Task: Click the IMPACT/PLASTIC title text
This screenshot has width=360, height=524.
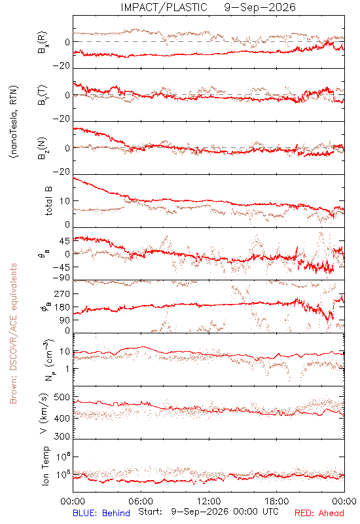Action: pos(164,7)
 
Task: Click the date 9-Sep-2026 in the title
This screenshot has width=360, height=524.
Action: pos(260,7)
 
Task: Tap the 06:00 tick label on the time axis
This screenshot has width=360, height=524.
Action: pos(141,502)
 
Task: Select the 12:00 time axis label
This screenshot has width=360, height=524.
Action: pos(209,502)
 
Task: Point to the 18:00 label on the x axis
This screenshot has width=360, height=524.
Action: pos(277,502)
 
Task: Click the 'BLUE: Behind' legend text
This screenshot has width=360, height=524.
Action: pos(101,513)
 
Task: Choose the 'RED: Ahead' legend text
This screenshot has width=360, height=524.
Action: pos(319,513)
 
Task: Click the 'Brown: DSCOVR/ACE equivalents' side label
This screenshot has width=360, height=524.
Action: pos(13,333)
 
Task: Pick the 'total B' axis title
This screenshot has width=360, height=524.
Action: pos(48,201)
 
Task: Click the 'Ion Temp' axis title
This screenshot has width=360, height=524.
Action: pos(46,466)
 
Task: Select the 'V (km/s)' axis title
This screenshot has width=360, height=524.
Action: pos(44,413)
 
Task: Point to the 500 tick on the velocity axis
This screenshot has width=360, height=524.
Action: pos(62,398)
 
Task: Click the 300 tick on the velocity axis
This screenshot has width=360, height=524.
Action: pos(62,436)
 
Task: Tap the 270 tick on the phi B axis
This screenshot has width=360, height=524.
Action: pos(62,294)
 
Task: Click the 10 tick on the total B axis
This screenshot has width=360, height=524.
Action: pos(65,201)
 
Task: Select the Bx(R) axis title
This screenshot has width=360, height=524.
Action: pos(43,43)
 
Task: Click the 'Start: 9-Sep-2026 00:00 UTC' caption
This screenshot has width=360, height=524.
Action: pos(208,512)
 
